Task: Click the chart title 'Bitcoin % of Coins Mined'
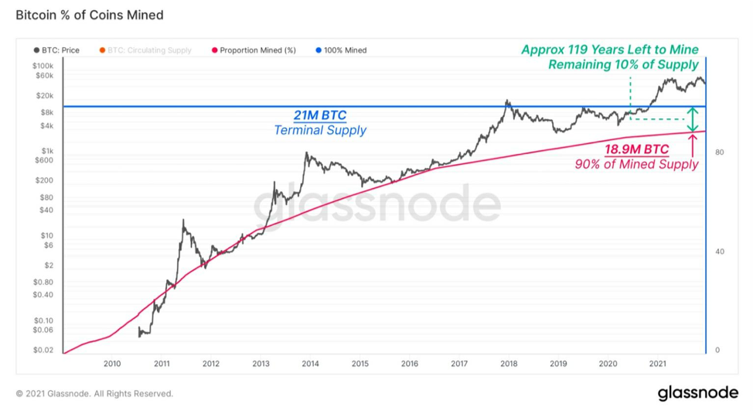90,15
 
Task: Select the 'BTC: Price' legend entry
56,50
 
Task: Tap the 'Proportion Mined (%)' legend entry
254,50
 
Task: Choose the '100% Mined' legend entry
341,50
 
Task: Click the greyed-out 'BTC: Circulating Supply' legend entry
145,50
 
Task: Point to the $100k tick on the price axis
43,66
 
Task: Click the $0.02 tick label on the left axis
43,350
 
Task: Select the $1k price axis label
47,151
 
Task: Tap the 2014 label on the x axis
310,364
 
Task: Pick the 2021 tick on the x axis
657,364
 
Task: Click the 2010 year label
112,364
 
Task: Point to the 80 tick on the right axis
720,152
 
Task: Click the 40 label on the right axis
720,252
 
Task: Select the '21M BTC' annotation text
320,115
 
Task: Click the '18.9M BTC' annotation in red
636,149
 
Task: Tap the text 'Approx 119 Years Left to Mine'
610,50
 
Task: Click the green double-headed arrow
692,119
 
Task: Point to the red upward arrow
693,146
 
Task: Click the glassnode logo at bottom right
698,392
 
